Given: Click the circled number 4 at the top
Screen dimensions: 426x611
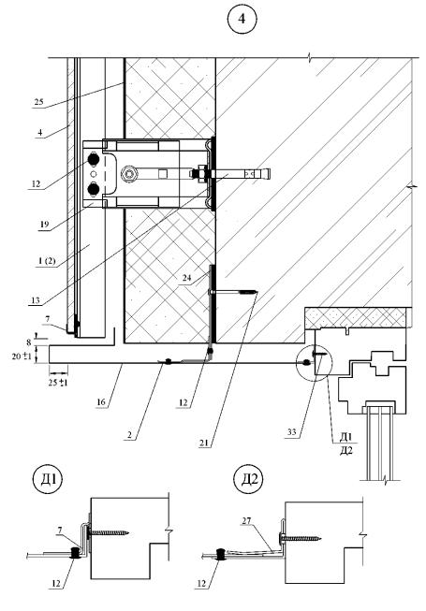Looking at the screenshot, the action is point(242,19).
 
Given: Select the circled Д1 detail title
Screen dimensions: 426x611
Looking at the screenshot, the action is point(51,479).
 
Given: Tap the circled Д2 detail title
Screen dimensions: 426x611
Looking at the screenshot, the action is point(249,479).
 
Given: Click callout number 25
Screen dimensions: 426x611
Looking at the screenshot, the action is point(38,102).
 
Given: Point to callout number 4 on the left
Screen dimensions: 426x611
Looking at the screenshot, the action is point(39,133).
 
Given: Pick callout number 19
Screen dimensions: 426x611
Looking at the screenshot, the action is point(44,224).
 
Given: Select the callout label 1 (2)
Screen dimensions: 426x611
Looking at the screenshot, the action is point(47,261).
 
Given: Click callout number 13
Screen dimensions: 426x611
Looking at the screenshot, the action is point(36,300).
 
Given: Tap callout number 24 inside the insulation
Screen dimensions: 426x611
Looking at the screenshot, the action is point(186,278).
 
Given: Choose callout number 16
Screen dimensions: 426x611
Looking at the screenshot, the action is point(101,402).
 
